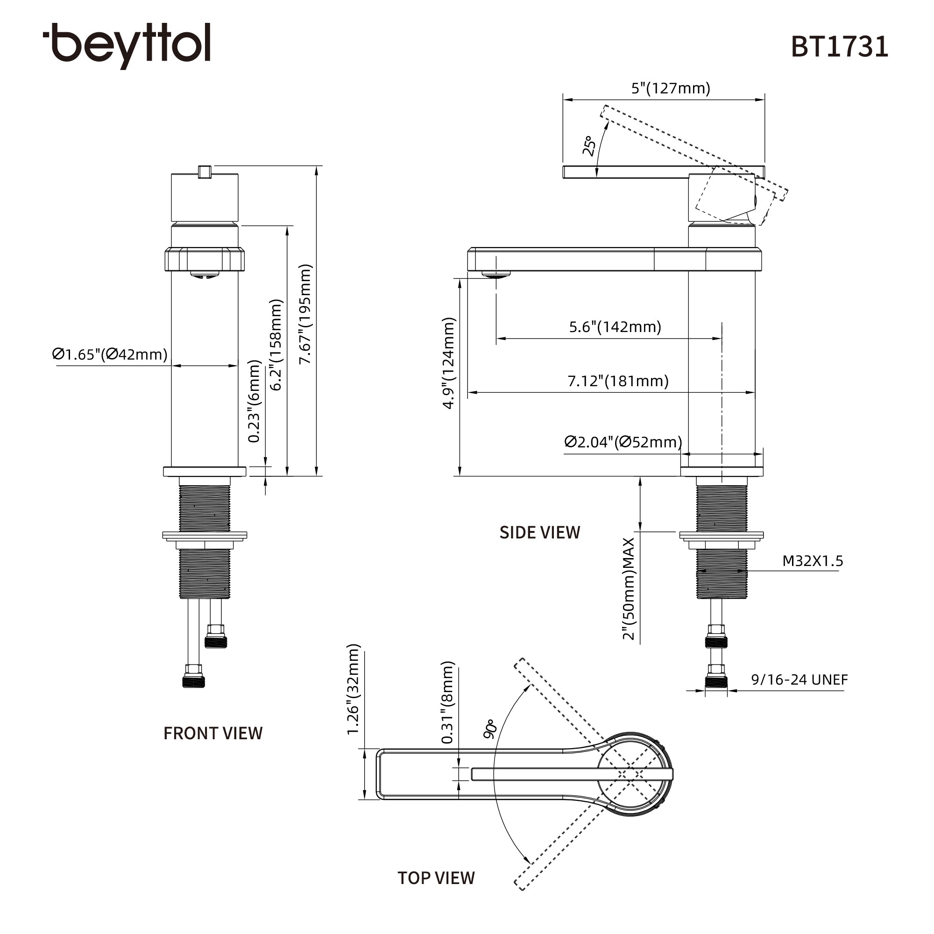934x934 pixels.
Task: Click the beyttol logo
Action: pyautogui.click(x=127, y=45)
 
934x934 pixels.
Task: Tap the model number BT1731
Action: pyautogui.click(x=839, y=47)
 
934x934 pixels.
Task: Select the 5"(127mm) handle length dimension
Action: pyautogui.click(x=671, y=88)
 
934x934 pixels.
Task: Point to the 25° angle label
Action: pyautogui.click(x=588, y=146)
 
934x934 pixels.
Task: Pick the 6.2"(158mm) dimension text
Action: pyautogui.click(x=276, y=345)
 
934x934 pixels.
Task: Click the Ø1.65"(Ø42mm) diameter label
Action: pyautogui.click(x=110, y=354)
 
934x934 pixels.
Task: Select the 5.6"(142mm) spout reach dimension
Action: pyautogui.click(x=615, y=327)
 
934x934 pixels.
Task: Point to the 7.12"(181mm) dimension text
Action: pyautogui.click(x=618, y=381)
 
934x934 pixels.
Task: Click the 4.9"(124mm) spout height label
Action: pyautogui.click(x=449, y=363)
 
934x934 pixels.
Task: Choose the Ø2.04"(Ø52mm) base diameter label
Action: pyautogui.click(x=623, y=442)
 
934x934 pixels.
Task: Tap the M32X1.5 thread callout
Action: pyautogui.click(x=813, y=561)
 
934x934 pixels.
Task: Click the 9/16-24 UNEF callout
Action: pyautogui.click(x=799, y=679)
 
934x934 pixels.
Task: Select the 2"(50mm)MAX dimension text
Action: pyautogui.click(x=628, y=588)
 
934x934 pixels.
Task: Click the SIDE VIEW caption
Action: pyautogui.click(x=539, y=532)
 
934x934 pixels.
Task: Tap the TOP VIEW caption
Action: pyautogui.click(x=436, y=878)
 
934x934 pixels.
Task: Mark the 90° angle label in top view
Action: pyautogui.click(x=490, y=729)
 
